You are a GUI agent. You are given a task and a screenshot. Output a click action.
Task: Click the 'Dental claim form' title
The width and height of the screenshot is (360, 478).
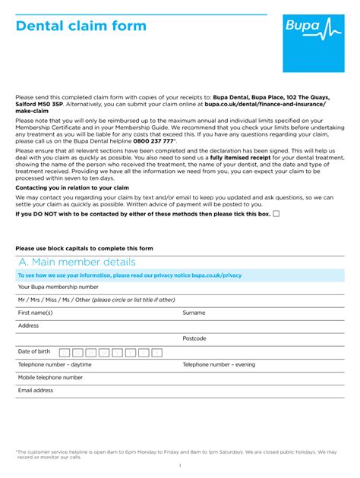click(81, 27)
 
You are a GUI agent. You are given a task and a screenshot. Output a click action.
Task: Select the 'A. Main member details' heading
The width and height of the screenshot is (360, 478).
click(77, 262)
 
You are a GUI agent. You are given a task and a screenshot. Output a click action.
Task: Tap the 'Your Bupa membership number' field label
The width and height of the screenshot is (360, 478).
click(58, 287)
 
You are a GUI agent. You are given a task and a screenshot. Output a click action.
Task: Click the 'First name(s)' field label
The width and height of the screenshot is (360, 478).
click(36, 313)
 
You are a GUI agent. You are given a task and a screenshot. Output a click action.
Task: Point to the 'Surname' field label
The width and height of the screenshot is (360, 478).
click(194, 313)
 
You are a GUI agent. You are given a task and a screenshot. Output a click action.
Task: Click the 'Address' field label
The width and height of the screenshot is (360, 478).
click(29, 325)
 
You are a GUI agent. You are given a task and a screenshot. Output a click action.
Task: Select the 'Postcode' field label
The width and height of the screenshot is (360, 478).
click(194, 338)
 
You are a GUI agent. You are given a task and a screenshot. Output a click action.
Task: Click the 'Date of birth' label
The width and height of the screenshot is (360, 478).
click(34, 351)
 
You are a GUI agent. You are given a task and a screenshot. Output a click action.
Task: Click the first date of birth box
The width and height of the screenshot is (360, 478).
click(65, 352)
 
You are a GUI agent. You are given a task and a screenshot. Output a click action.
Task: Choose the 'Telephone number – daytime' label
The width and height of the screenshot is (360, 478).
click(55, 364)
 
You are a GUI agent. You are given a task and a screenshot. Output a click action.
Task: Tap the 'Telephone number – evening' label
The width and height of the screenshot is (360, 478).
click(219, 364)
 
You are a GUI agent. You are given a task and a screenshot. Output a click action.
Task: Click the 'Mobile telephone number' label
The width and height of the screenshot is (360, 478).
click(51, 377)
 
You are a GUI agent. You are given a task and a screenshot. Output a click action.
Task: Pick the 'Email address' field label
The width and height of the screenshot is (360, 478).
click(36, 390)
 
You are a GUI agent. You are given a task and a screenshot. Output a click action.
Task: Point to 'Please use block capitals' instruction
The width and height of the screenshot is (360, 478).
click(84, 248)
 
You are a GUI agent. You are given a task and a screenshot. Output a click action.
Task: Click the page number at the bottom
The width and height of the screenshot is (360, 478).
click(180, 465)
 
